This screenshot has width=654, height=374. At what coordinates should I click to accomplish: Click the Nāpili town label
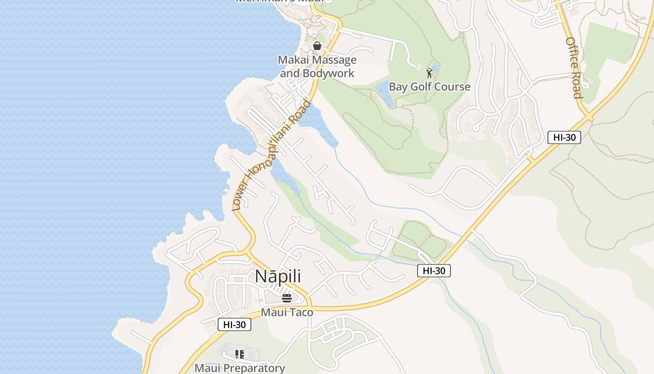[277, 276]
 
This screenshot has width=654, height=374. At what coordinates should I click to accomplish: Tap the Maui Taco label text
[287, 312]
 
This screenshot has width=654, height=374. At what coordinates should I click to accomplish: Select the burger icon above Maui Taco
[287, 298]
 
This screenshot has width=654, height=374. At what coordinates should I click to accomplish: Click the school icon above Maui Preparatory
[240, 354]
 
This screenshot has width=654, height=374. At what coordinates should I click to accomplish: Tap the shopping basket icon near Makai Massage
[317, 46]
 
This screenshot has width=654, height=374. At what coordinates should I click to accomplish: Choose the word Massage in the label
[334, 60]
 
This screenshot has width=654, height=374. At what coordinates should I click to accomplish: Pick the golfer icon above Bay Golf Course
[429, 73]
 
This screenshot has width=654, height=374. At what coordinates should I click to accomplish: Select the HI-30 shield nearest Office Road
[564, 137]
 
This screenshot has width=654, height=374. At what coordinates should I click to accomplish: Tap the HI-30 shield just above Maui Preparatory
[235, 324]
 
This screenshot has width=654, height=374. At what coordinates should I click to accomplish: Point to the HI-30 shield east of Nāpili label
[434, 271]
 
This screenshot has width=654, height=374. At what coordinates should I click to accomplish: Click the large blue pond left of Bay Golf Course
[385, 93]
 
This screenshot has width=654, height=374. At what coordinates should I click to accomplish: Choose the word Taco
[302, 312]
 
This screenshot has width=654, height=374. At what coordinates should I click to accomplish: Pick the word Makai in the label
[292, 60]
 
